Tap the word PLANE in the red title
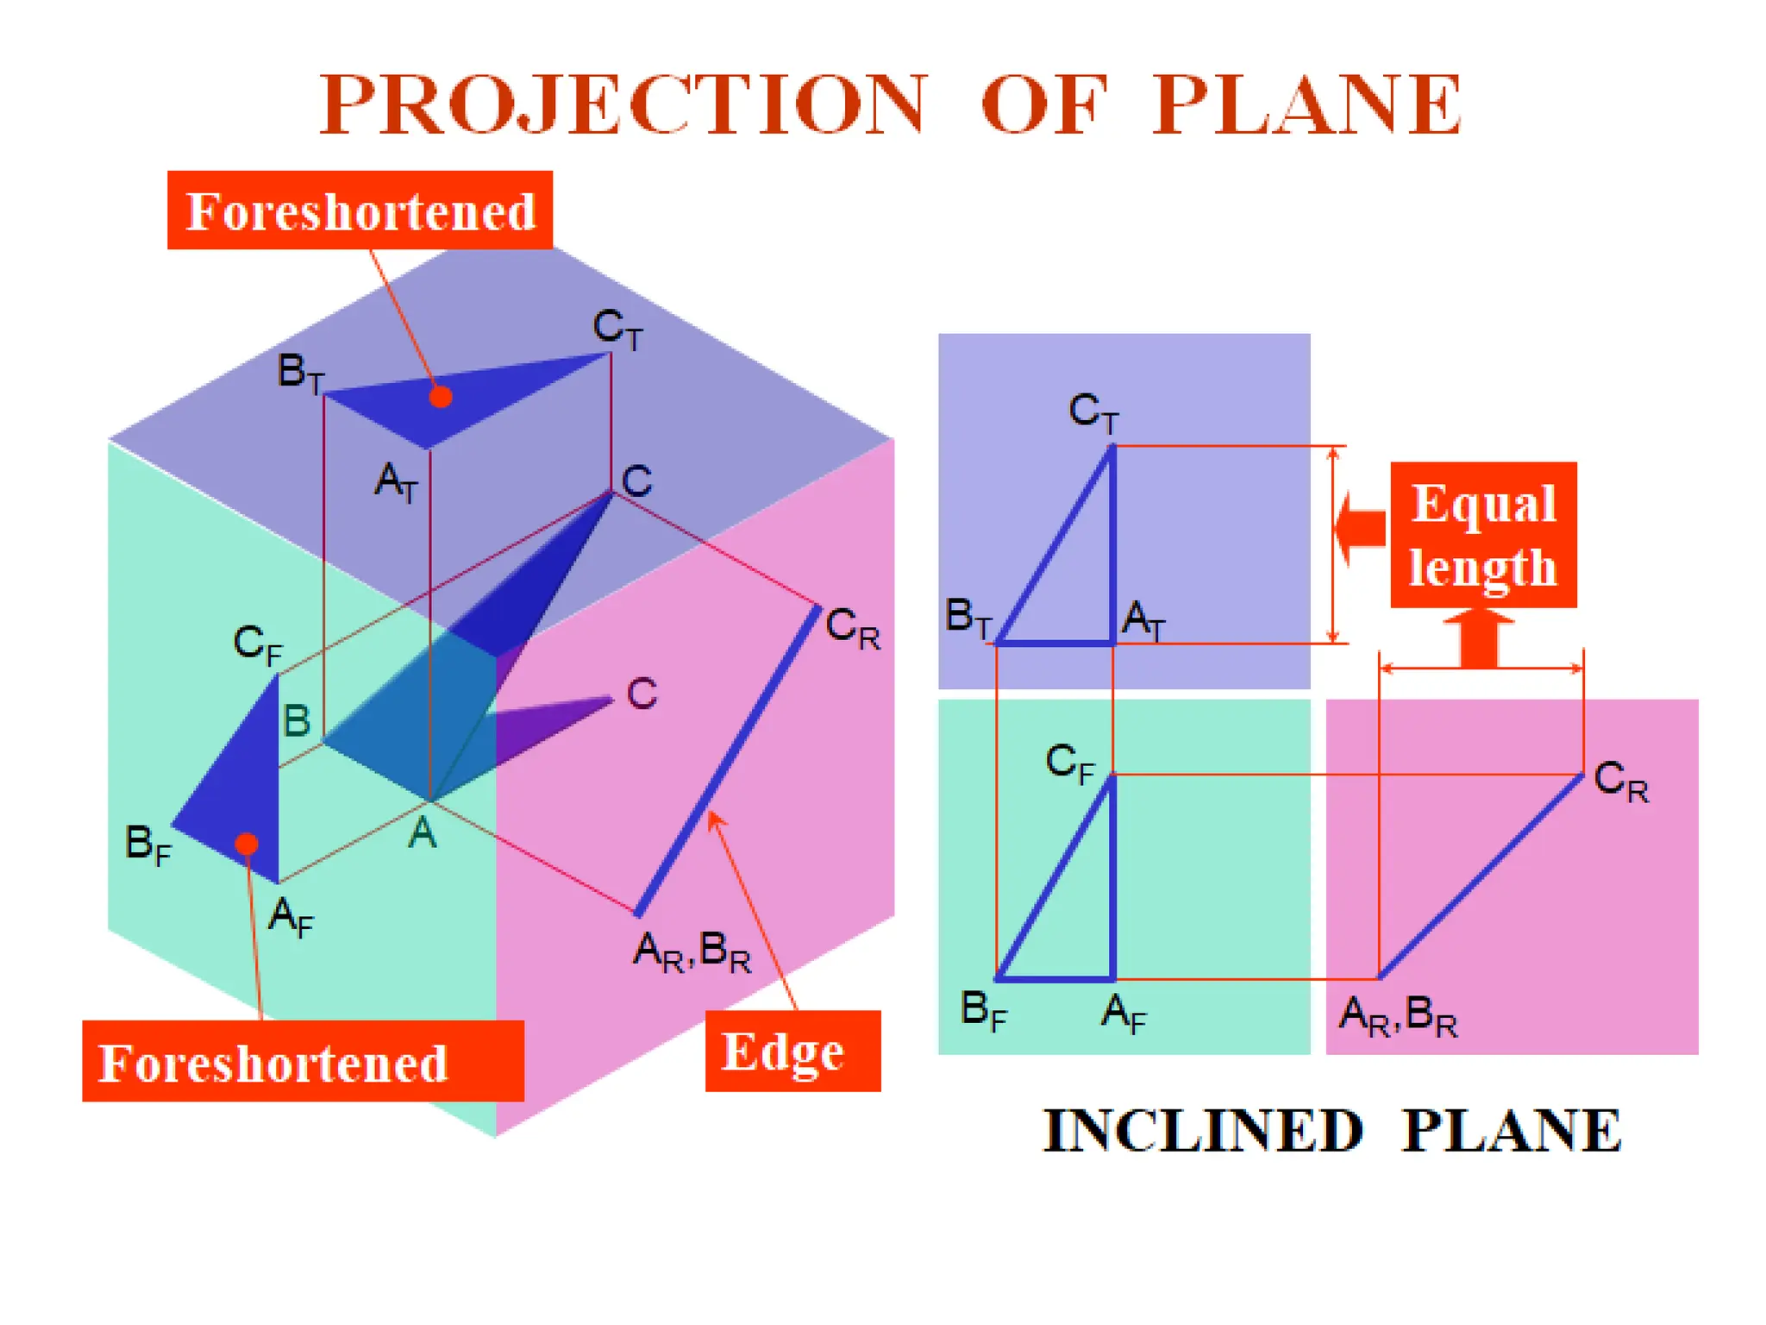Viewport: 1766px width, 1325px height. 1306,104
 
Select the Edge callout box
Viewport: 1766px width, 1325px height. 792,1051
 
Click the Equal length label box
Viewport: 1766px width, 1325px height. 1483,535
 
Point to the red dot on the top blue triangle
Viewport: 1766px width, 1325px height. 441,397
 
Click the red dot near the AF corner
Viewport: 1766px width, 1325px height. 247,843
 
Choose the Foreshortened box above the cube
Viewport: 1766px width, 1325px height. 360,210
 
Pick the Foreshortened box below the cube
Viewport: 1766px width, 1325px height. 303,1061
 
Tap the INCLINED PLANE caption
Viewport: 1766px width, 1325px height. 1332,1130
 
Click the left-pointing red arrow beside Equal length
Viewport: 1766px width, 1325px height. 1360,526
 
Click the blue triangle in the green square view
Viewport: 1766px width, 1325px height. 1078,914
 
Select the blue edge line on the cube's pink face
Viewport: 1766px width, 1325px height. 727,760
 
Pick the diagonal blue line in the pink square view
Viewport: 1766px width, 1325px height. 1481,876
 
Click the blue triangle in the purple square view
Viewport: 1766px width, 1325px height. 1078,587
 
